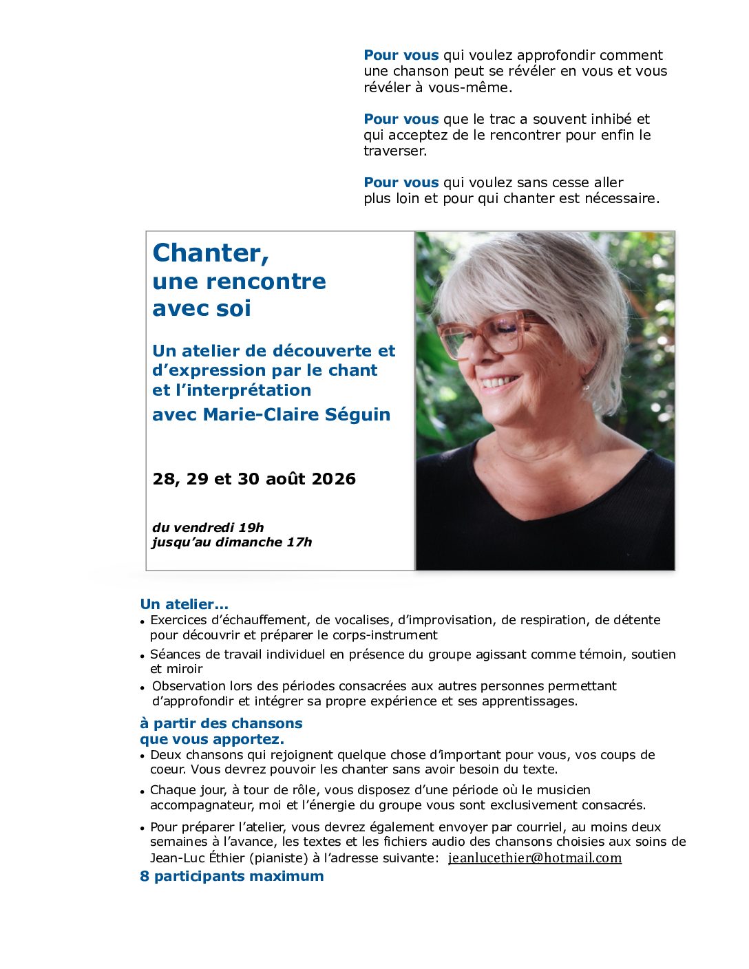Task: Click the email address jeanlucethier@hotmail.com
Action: [x=535, y=858]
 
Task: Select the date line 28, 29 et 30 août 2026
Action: [x=254, y=479]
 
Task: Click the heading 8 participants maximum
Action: [x=231, y=876]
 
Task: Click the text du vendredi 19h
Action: [x=208, y=528]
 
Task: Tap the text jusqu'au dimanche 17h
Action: [x=232, y=542]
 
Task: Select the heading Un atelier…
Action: [x=184, y=604]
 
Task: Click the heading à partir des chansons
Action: [x=221, y=723]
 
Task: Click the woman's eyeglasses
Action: [x=490, y=336]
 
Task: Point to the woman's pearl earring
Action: [x=586, y=387]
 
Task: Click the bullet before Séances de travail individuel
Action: [x=143, y=656]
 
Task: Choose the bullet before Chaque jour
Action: [x=143, y=791]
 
